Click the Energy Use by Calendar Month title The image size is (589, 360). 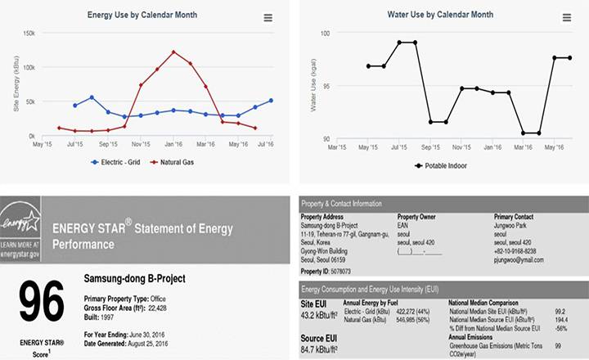(142, 15)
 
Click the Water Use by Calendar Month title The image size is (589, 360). (439, 15)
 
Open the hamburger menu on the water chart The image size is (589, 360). (569, 17)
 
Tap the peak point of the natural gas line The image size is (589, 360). (173, 52)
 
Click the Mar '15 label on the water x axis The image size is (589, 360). (337, 148)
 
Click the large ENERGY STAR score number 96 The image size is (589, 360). (41, 302)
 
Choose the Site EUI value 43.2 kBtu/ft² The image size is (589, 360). (321, 315)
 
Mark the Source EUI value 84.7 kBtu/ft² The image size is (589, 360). (321, 349)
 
